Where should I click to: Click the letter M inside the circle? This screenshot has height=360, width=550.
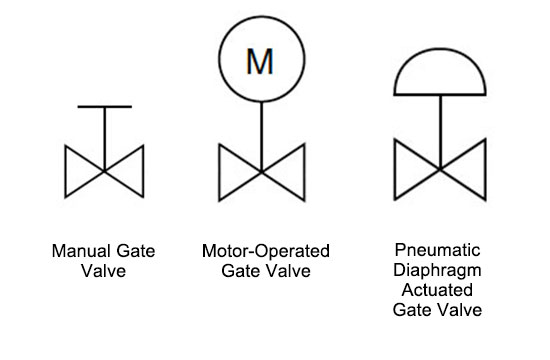click(x=259, y=62)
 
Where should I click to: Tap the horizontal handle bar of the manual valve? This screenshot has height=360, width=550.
click(x=104, y=106)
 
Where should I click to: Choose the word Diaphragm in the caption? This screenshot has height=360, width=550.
click(x=439, y=271)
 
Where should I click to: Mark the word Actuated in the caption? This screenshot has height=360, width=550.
click(x=439, y=290)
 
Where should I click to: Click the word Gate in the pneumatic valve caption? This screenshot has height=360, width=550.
click(x=417, y=310)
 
